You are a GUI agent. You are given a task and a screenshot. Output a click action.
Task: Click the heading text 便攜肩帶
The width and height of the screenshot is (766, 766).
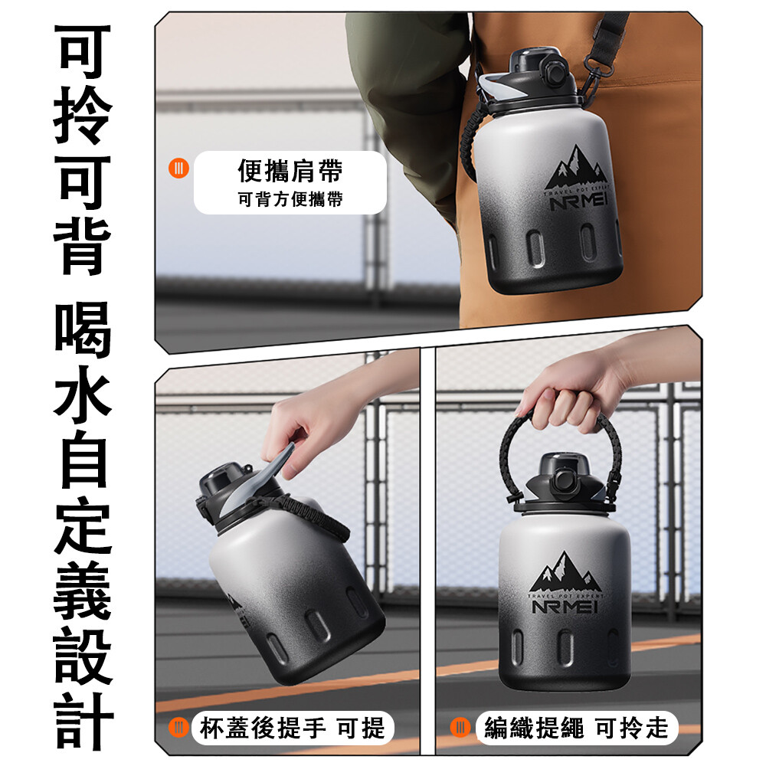290,171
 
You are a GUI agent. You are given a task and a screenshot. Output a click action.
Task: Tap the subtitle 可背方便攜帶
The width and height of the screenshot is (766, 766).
290,199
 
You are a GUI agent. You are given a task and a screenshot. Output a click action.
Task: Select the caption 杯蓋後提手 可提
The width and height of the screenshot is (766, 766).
292,728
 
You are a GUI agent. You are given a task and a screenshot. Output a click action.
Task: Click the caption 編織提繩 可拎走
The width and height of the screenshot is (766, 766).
577,728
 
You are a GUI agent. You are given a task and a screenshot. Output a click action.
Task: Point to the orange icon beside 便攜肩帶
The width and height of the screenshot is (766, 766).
178,168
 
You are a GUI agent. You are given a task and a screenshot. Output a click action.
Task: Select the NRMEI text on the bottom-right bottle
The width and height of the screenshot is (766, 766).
565,607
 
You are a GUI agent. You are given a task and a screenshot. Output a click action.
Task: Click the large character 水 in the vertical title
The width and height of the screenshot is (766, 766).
83,394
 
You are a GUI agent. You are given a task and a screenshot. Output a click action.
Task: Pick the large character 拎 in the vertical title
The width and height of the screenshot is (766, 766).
83,117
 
